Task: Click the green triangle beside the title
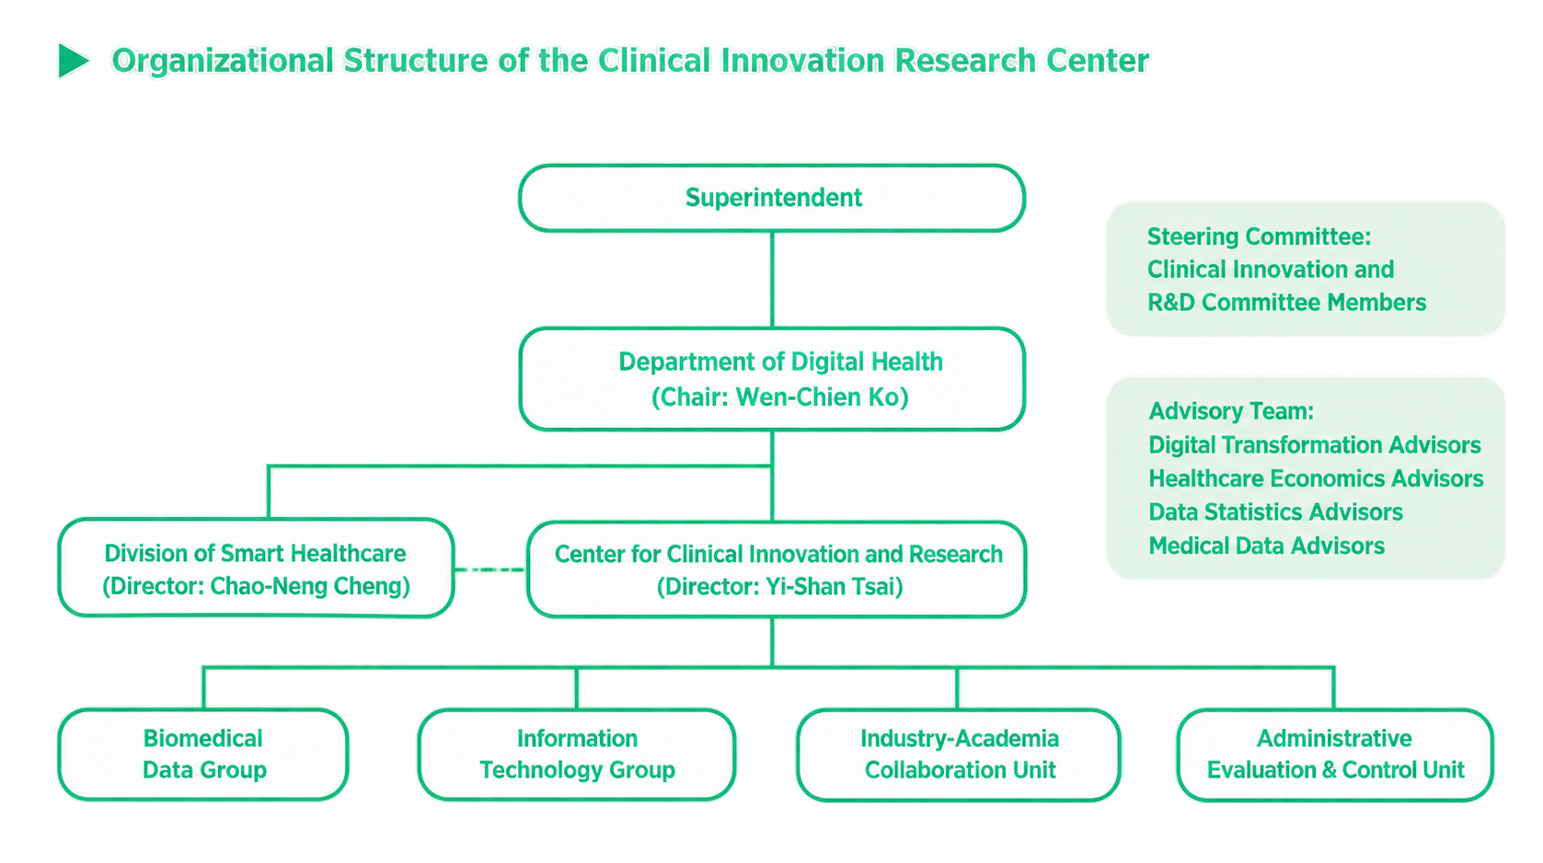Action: coord(73,61)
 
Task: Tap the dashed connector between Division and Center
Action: coord(490,570)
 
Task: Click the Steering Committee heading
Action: coord(1260,237)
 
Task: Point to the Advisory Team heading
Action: coord(1232,411)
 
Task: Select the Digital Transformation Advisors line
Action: coord(1314,445)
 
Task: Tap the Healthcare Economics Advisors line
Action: coord(1316,478)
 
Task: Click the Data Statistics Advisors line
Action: coord(1276,512)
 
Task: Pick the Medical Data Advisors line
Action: coord(1266,547)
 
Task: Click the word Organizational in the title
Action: coord(224,62)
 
